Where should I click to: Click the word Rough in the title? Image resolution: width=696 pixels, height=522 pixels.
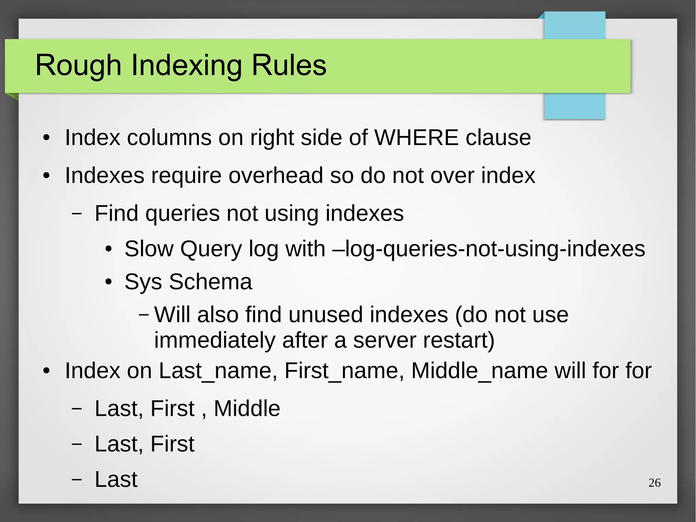pos(79,65)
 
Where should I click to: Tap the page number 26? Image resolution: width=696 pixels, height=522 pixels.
pos(654,483)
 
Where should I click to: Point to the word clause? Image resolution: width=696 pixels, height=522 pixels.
pos(498,137)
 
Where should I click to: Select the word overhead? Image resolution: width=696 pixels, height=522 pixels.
pos(275,175)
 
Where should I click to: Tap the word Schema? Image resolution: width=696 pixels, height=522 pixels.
pos(211,282)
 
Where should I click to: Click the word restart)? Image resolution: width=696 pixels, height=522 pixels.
pos(457,340)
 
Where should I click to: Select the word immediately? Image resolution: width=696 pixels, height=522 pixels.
pos(214,340)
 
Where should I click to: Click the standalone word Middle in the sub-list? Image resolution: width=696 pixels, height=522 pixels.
pos(247,408)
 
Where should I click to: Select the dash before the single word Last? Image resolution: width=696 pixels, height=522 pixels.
pos(77,479)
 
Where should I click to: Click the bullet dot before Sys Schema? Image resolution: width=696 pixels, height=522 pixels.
pos(108,282)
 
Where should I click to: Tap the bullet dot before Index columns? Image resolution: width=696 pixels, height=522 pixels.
pos(47,138)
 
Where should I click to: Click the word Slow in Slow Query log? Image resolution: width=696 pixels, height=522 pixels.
pos(149,249)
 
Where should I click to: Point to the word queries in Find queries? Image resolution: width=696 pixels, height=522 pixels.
pos(182,214)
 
